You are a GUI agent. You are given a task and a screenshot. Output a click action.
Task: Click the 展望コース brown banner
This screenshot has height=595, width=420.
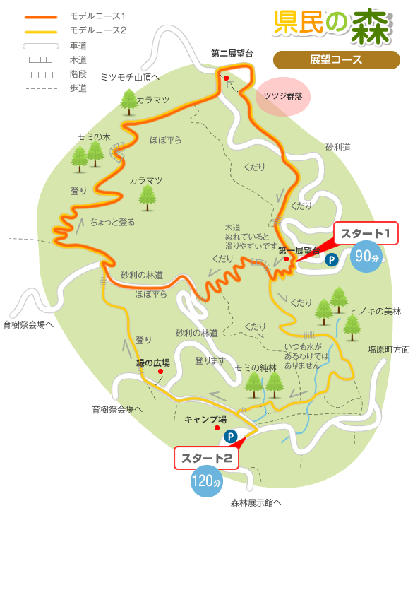click(336, 60)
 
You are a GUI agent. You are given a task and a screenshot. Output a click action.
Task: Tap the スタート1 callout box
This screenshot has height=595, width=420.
click(366, 234)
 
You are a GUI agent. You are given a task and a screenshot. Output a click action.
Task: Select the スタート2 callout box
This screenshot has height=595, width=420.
click(206, 458)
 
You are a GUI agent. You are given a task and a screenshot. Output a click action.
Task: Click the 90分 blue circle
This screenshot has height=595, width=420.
click(367, 257)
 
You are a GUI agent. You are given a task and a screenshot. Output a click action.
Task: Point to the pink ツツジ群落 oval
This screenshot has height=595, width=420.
click(282, 97)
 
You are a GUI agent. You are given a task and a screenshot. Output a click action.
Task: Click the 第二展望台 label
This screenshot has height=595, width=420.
click(232, 54)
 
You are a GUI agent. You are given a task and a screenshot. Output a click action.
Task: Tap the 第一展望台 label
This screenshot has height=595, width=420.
click(299, 250)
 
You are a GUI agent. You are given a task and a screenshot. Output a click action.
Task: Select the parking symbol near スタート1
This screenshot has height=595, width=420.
click(331, 260)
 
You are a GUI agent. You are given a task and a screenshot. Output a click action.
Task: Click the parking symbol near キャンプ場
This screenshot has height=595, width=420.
click(230, 437)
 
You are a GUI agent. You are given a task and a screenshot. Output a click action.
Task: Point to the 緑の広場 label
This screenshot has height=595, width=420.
click(153, 363)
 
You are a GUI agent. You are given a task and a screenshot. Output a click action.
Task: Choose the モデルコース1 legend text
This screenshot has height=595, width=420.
click(98, 16)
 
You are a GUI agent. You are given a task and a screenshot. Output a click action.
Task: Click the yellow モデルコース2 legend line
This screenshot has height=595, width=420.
click(40, 31)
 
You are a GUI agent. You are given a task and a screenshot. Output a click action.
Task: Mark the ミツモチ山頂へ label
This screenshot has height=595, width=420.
click(130, 77)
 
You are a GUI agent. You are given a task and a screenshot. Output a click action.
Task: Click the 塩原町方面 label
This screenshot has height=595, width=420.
click(388, 349)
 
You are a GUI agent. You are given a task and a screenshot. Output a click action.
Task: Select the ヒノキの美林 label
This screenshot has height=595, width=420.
click(375, 311)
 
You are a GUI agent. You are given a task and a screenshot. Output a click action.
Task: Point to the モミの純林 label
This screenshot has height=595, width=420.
click(256, 367)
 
